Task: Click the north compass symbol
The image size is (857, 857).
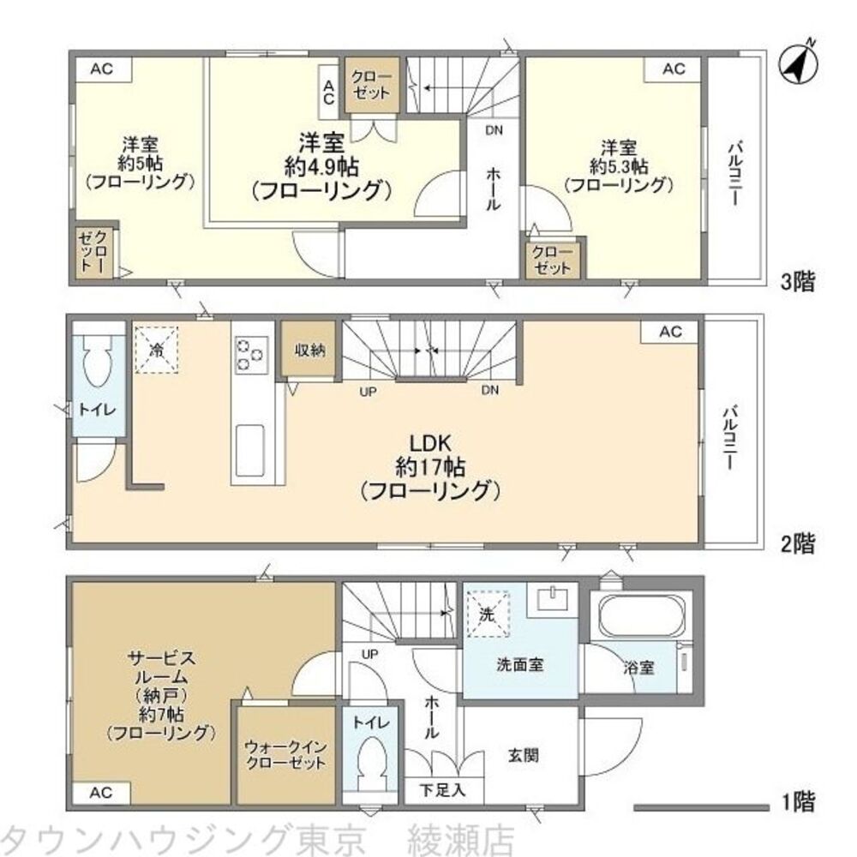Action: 799,64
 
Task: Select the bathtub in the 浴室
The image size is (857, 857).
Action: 639,615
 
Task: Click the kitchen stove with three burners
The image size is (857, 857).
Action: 251,353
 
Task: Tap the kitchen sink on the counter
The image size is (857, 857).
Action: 250,448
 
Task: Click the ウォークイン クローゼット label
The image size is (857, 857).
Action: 285,754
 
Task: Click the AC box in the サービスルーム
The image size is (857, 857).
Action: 100,794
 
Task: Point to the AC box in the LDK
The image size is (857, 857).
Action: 670,332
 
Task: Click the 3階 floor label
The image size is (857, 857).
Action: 798,281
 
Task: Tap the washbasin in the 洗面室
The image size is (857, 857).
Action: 550,599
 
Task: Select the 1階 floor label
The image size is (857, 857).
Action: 798,804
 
